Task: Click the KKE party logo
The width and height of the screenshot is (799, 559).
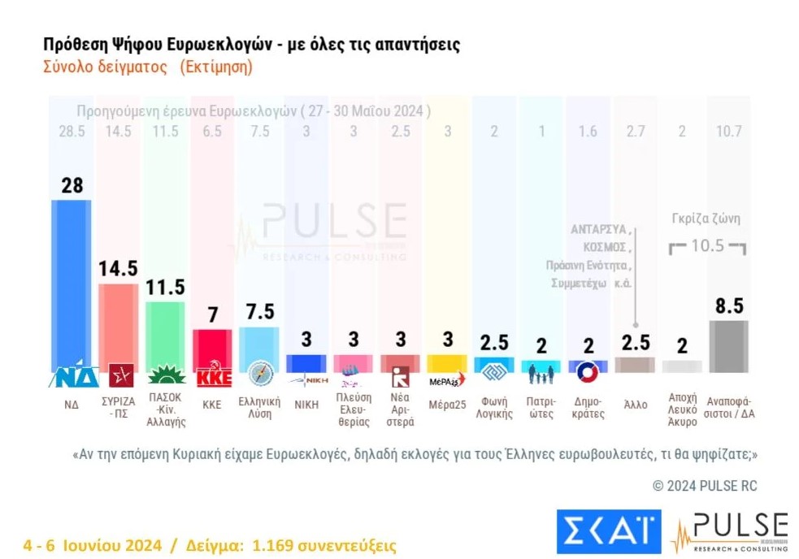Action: (214, 377)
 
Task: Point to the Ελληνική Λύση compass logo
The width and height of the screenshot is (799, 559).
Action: (260, 374)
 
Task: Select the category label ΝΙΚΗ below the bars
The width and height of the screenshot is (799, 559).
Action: (306, 404)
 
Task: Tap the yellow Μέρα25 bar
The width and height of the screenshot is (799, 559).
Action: (448, 362)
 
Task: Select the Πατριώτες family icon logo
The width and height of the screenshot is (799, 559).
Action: (541, 375)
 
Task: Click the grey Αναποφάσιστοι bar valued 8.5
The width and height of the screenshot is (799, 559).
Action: (728, 345)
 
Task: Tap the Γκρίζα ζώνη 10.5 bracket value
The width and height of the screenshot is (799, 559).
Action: (707, 246)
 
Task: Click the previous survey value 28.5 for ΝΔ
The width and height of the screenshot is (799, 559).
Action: (72, 132)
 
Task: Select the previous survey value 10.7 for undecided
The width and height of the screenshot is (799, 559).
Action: (728, 132)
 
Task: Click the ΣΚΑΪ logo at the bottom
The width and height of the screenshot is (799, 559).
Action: (609, 531)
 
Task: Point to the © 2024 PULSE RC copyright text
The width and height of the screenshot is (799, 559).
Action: (705, 486)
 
